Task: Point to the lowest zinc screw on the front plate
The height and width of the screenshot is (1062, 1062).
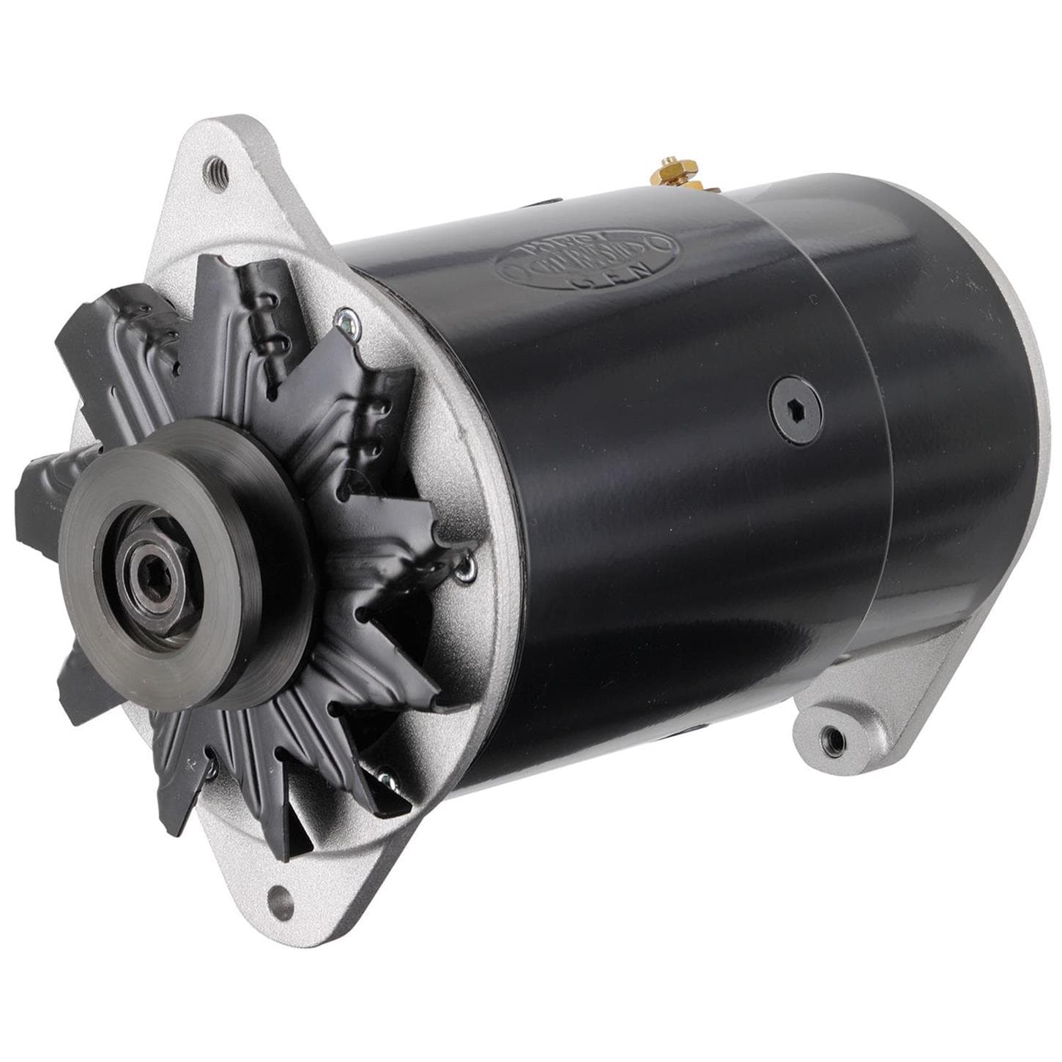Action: click(x=382, y=772)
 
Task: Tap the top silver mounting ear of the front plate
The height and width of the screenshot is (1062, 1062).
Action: click(x=220, y=190)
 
